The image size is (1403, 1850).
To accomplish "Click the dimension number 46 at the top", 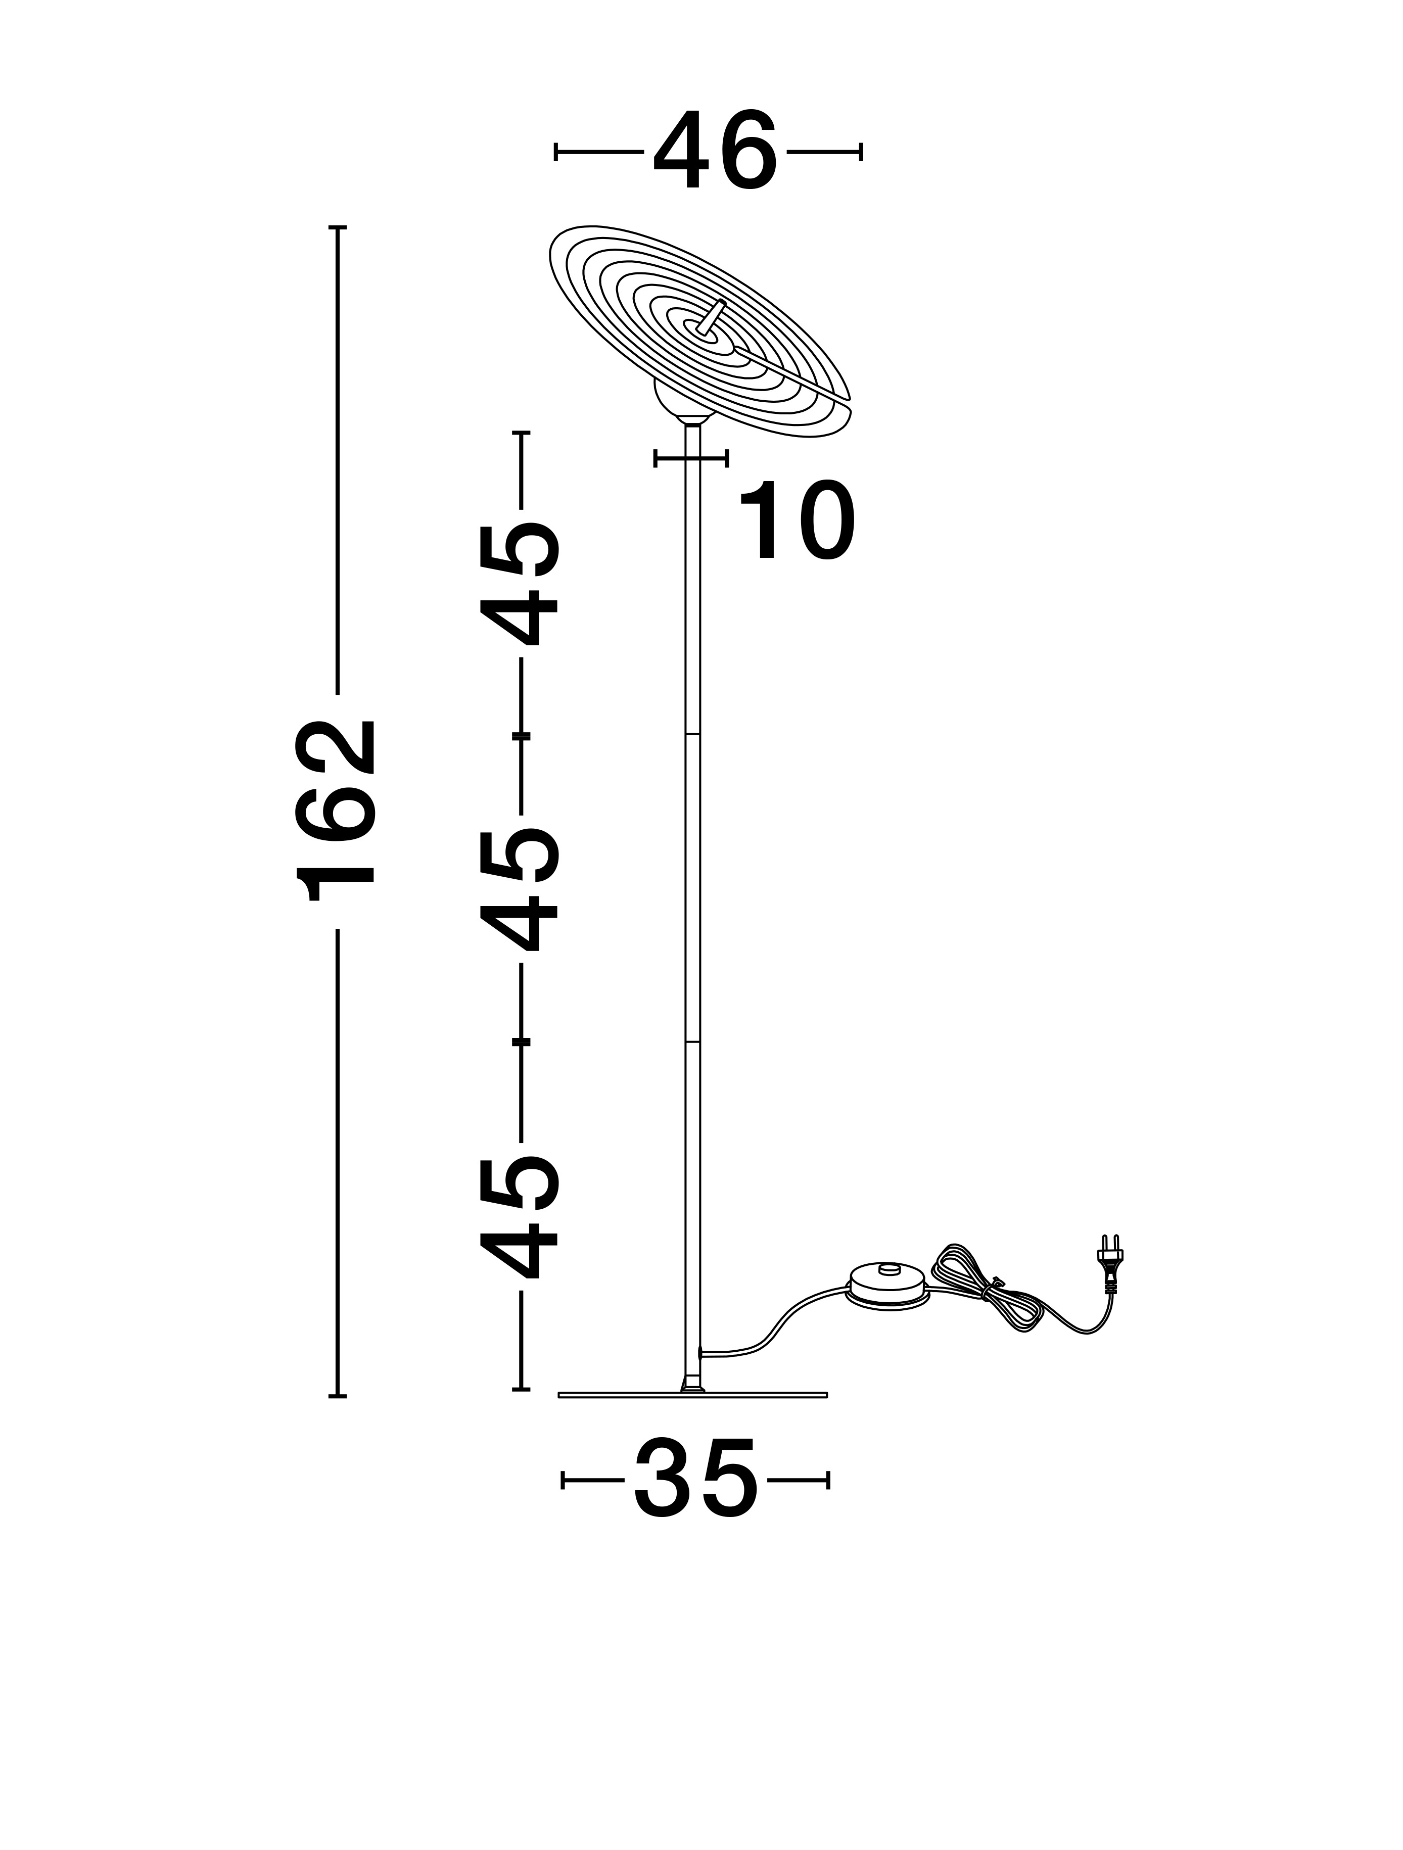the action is pyautogui.click(x=715, y=151).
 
